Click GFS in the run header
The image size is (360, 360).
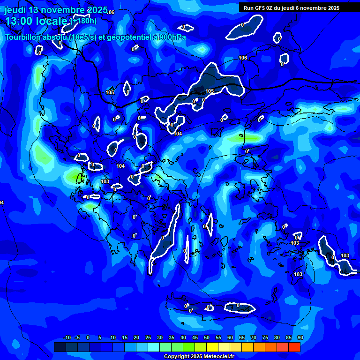click(x=261, y=8)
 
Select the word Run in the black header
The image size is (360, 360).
click(x=249, y=8)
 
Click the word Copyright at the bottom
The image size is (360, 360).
click(x=177, y=357)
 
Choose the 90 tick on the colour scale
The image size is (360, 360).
click(x=300, y=338)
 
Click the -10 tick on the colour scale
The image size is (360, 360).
click(x=67, y=338)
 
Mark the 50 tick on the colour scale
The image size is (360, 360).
click(x=207, y=338)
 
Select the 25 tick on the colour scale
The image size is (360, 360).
click(x=148, y=338)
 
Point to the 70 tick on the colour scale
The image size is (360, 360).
click(x=254, y=338)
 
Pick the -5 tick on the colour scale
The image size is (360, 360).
click(x=77, y=338)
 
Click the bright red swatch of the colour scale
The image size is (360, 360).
click(x=294, y=347)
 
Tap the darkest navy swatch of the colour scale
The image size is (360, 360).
click(x=60, y=347)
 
